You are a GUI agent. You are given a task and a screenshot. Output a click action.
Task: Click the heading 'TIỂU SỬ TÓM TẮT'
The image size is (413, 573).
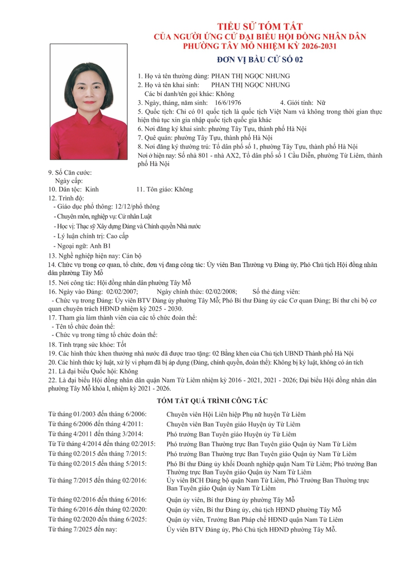coord(260,27)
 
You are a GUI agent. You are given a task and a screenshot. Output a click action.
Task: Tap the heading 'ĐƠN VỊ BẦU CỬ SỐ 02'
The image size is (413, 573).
coord(260,60)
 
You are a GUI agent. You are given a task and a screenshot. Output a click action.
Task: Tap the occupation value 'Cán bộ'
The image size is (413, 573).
coord(129,255)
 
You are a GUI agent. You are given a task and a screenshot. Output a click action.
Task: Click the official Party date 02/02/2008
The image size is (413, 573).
coord(221,291)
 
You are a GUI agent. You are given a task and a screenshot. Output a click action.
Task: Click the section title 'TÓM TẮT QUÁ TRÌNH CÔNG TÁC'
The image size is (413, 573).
coord(213,401)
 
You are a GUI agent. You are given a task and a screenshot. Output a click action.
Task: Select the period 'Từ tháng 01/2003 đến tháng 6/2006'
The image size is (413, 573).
coord(98,414)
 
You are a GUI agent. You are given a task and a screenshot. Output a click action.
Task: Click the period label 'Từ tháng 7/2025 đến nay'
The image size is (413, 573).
coord(83,529)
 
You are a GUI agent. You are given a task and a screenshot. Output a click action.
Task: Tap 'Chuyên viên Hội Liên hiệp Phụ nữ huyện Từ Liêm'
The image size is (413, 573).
coord(236,414)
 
